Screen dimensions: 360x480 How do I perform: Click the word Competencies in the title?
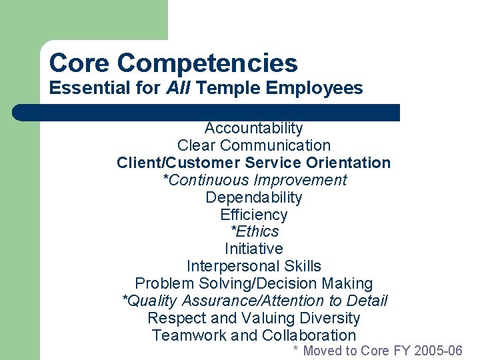[x=207, y=63]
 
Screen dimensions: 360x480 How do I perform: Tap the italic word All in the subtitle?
[x=177, y=88]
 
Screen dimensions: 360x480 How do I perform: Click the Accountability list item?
[x=253, y=128]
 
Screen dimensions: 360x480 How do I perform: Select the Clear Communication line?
[x=253, y=145]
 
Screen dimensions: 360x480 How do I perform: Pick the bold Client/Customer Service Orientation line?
[x=253, y=163]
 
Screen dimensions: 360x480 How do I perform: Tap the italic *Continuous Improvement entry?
[x=255, y=180]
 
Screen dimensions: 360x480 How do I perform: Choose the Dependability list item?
[x=253, y=197]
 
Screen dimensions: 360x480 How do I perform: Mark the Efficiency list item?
[x=253, y=215]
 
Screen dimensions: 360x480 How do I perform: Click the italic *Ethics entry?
[x=254, y=231]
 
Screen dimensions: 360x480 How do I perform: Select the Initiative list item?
[x=253, y=249]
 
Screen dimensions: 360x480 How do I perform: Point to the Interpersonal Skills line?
[x=253, y=266]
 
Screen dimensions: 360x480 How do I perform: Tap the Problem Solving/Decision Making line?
[x=253, y=283]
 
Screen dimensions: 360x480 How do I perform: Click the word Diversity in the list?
[x=327, y=318]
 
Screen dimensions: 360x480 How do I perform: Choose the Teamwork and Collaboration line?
[x=253, y=335]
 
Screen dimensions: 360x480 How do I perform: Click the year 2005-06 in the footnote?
[x=438, y=351]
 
